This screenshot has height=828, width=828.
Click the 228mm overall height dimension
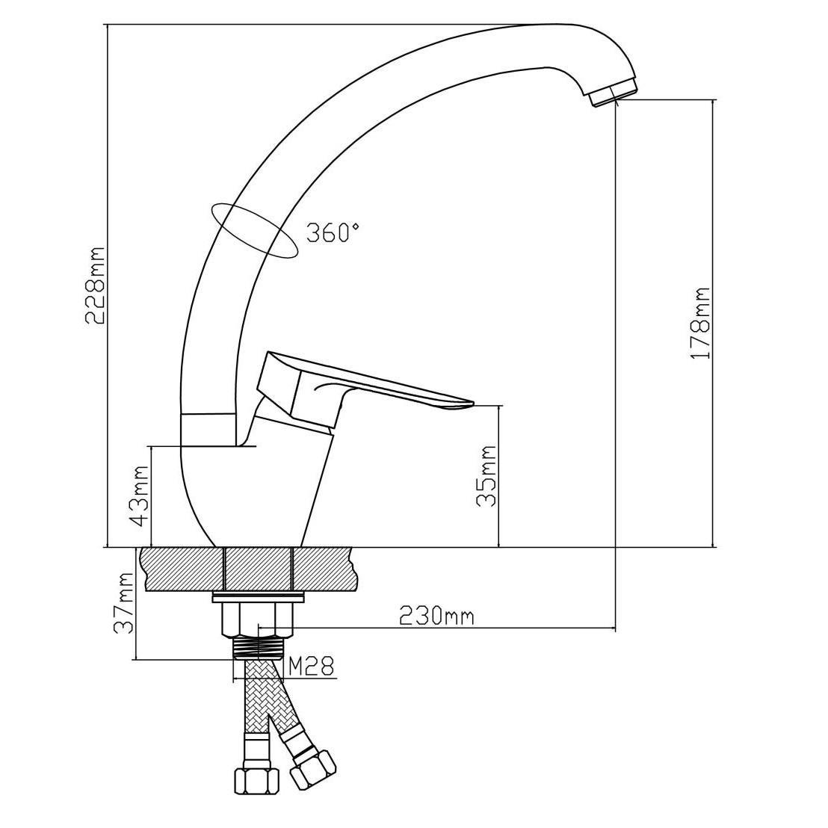96,285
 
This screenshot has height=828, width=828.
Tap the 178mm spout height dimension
700,324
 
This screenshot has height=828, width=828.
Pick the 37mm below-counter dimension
125,602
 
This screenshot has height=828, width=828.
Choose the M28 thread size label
312,666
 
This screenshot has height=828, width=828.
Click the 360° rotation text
334,233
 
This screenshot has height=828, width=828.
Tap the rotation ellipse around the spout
253,231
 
